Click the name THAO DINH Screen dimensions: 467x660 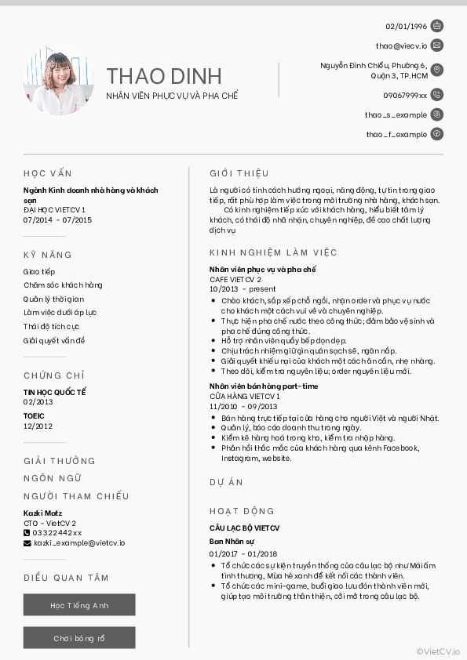[164, 76]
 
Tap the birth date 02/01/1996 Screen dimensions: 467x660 [406, 26]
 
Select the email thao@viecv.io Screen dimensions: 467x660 [401, 46]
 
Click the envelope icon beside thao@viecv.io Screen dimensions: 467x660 [437, 45]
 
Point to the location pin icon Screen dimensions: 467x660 [437, 71]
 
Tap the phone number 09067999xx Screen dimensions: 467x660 [405, 95]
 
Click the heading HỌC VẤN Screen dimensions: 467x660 [48, 173]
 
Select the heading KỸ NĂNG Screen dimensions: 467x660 [48, 255]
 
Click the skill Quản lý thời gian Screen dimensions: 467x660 [53, 299]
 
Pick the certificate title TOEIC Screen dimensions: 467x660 [34, 416]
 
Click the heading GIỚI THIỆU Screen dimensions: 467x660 [239, 173]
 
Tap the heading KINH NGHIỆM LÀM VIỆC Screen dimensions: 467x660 [273, 252]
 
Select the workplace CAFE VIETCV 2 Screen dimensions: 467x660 [235, 279]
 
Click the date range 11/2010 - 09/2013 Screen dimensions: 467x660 [243, 407]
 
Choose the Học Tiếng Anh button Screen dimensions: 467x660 [79, 605]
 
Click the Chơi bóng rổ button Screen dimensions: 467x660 [79, 638]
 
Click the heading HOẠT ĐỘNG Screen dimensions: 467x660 [242, 511]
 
